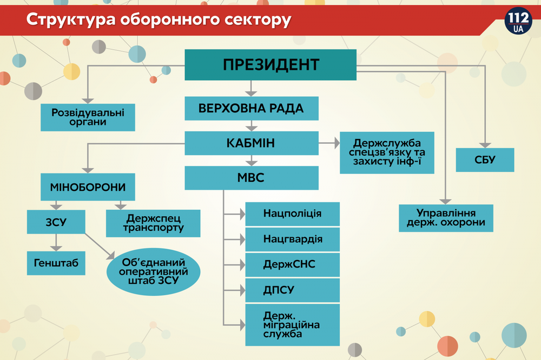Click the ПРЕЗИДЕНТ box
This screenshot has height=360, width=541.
click(270, 65)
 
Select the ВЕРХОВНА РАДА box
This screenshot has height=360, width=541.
click(251, 108)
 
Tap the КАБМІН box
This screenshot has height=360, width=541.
click(251, 143)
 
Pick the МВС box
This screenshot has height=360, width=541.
click(251, 178)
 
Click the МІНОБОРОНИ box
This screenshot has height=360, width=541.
click(88, 188)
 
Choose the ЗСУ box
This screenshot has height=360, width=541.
click(56, 222)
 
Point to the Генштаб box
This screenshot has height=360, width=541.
click(56, 263)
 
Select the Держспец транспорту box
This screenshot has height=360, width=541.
click(153, 223)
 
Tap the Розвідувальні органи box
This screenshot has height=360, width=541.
click(88, 117)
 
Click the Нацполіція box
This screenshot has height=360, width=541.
click(292, 214)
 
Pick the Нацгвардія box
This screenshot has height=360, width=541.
click(292, 239)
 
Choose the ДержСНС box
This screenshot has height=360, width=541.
click(292, 265)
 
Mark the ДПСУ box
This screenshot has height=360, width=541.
click(292, 290)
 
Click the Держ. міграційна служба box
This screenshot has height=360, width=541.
click(292, 325)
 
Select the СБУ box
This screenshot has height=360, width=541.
click(484, 160)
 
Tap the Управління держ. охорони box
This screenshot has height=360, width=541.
click(446, 218)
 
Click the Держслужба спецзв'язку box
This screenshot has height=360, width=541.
click(387, 152)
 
